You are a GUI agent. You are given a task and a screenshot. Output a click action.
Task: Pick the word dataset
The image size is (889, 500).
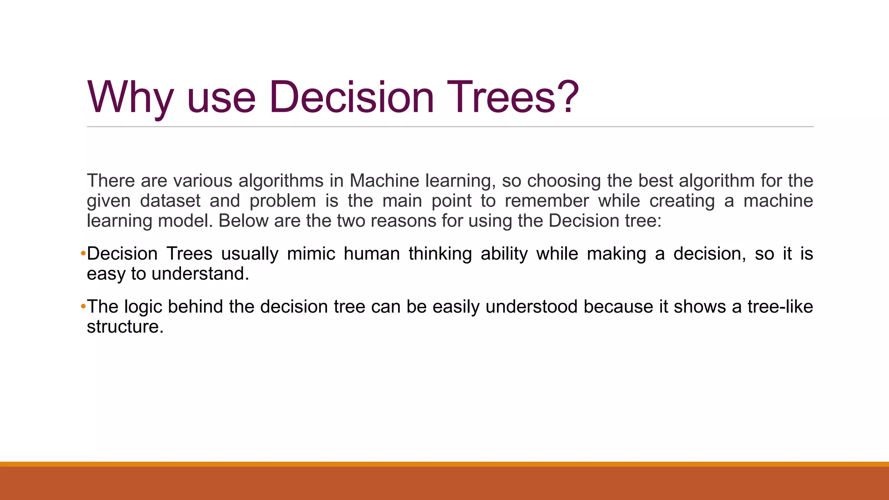click(170, 201)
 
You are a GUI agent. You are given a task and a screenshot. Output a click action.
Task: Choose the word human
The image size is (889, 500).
click(372, 253)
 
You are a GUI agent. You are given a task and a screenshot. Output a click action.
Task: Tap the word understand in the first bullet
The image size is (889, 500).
click(200, 273)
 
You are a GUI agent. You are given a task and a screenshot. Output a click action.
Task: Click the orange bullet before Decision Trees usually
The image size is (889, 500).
click(83, 253)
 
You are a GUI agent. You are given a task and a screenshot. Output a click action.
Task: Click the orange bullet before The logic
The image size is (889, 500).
click(83, 306)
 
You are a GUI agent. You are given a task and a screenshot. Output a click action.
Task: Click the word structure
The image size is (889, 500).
click(125, 326)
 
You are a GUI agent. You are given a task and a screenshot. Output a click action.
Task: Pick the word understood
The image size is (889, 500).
click(532, 306)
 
